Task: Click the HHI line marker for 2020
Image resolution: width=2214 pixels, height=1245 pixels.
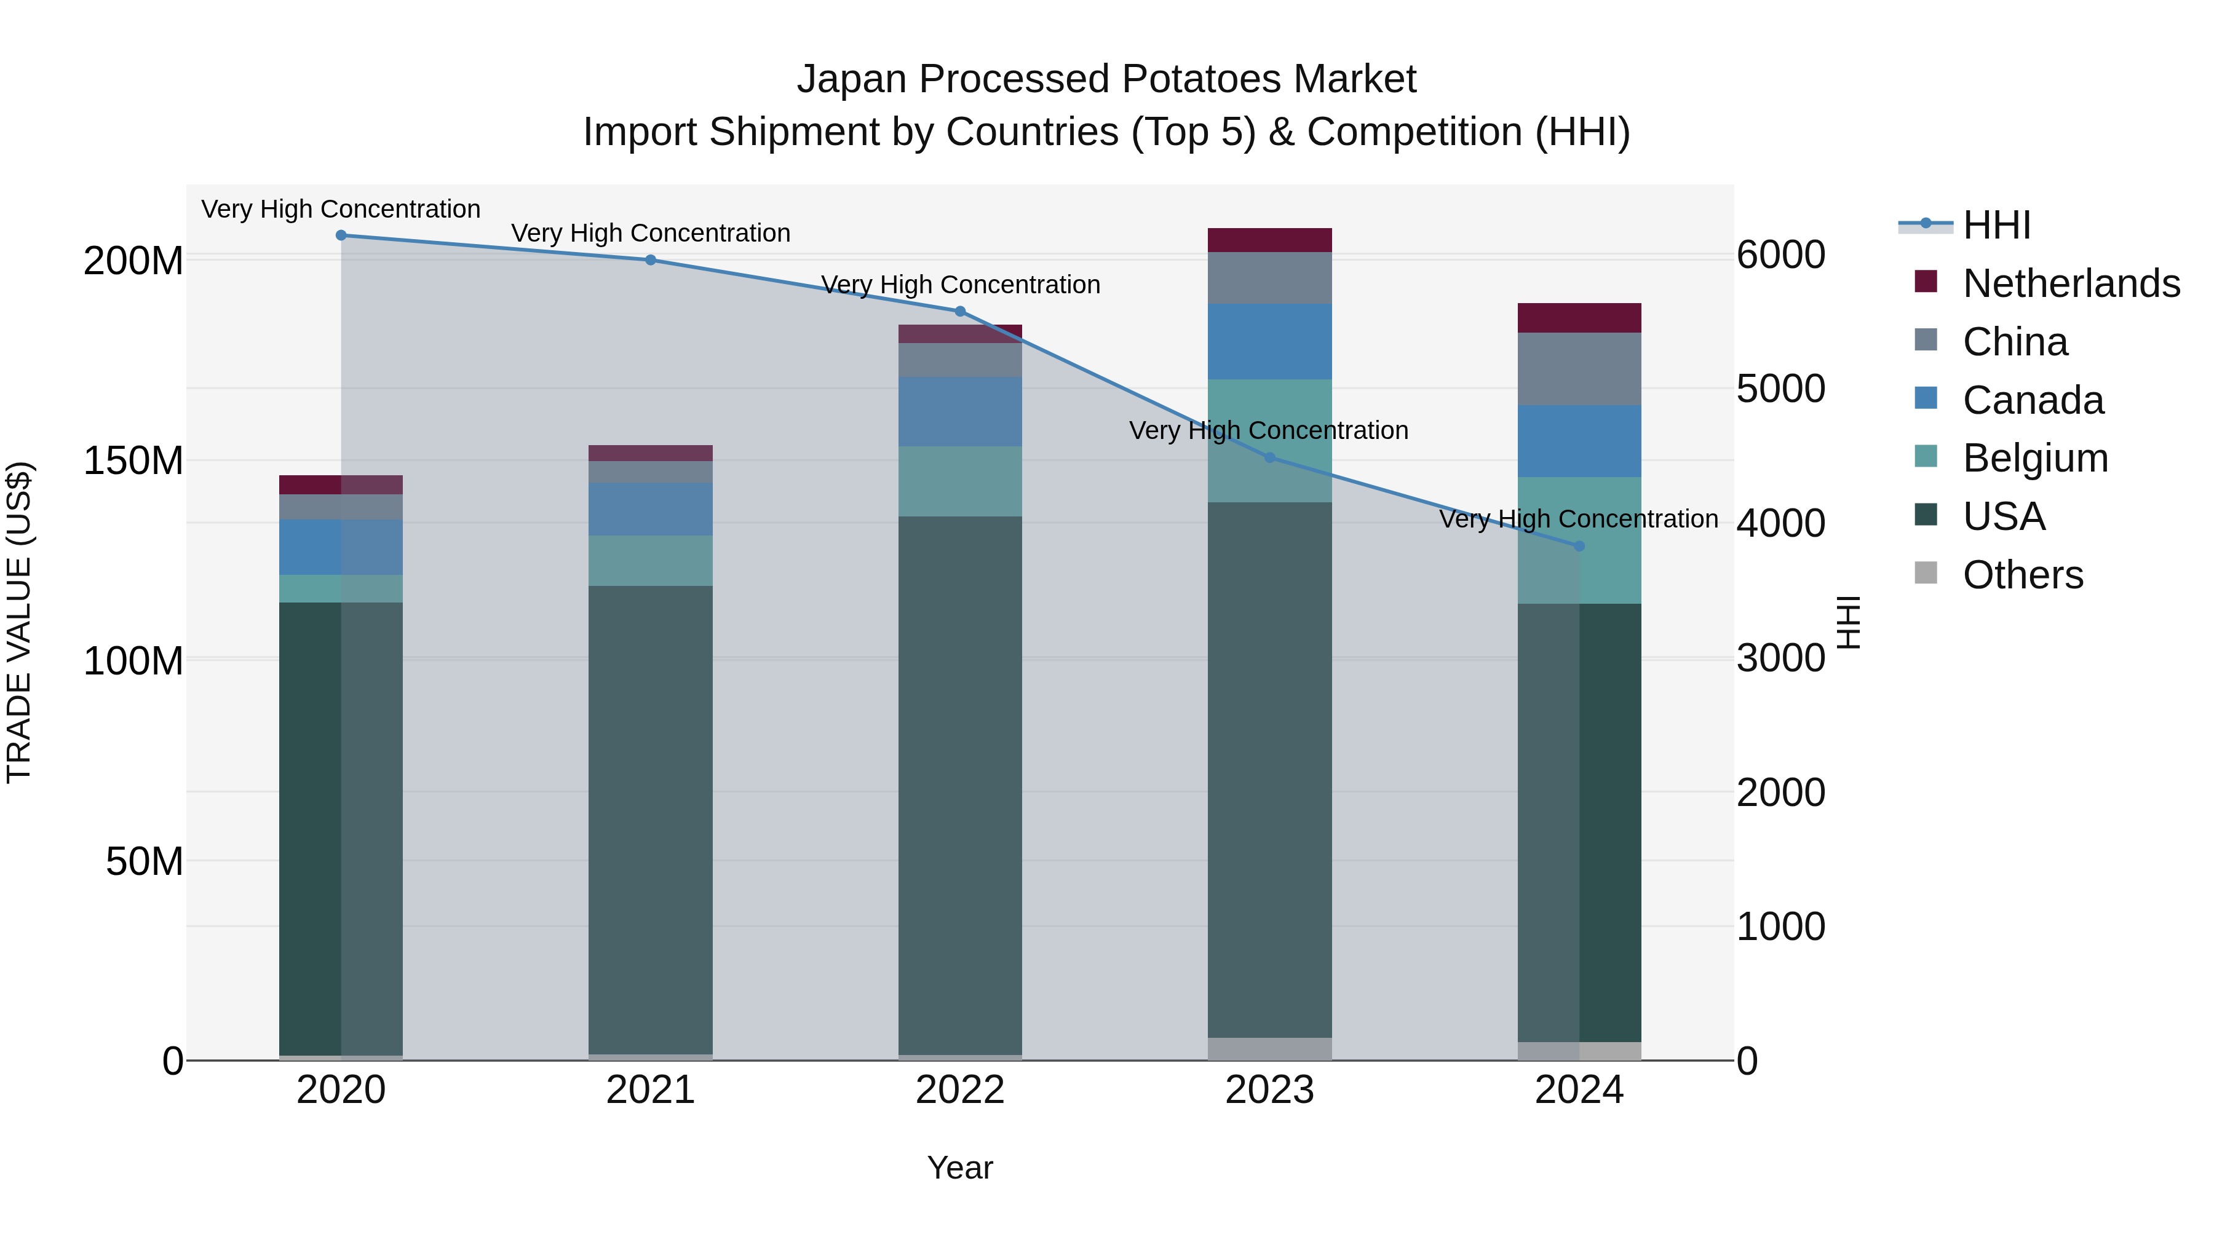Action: pyautogui.click(x=341, y=235)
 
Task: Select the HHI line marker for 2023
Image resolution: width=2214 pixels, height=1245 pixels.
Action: pyautogui.click(x=1269, y=458)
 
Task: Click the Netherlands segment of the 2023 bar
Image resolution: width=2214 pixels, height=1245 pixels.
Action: pyautogui.click(x=1269, y=240)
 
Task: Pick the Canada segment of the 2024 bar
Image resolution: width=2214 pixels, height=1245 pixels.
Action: pyautogui.click(x=1579, y=441)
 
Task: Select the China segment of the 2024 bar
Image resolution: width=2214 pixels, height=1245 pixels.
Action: pyautogui.click(x=1579, y=369)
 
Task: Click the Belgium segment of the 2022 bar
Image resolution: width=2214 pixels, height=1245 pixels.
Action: pyautogui.click(x=960, y=481)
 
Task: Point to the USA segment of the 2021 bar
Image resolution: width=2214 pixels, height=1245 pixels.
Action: pyautogui.click(x=651, y=816)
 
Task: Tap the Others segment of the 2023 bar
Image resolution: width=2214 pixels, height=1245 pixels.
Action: pyautogui.click(x=1269, y=1048)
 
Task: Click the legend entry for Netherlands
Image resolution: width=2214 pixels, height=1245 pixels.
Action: pyautogui.click(x=2071, y=283)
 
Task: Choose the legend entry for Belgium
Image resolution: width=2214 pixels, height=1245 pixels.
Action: pyautogui.click(x=2035, y=458)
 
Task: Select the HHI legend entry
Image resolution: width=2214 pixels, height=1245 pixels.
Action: pyautogui.click(x=1996, y=225)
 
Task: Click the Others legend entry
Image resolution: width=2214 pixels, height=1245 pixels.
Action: pyautogui.click(x=2022, y=575)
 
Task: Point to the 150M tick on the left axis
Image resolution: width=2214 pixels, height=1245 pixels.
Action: pyautogui.click(x=133, y=461)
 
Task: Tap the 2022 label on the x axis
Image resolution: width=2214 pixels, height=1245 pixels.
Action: pyautogui.click(x=960, y=1090)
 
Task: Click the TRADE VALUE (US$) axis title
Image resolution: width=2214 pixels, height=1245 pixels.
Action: pyautogui.click(x=19, y=622)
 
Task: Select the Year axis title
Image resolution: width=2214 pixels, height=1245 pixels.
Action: pyautogui.click(x=960, y=1168)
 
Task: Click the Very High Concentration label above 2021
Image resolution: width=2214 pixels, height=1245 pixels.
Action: pyautogui.click(x=651, y=233)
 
